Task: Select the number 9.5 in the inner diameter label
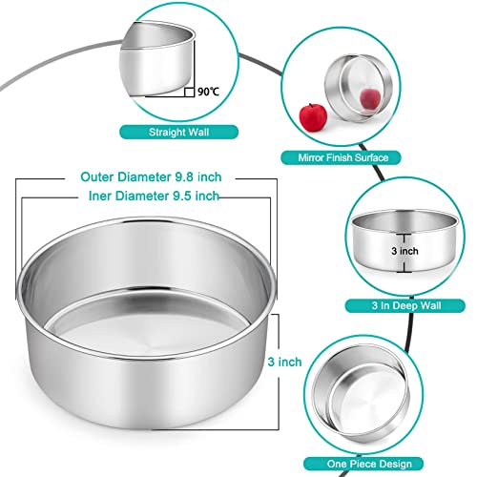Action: click(x=176, y=196)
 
